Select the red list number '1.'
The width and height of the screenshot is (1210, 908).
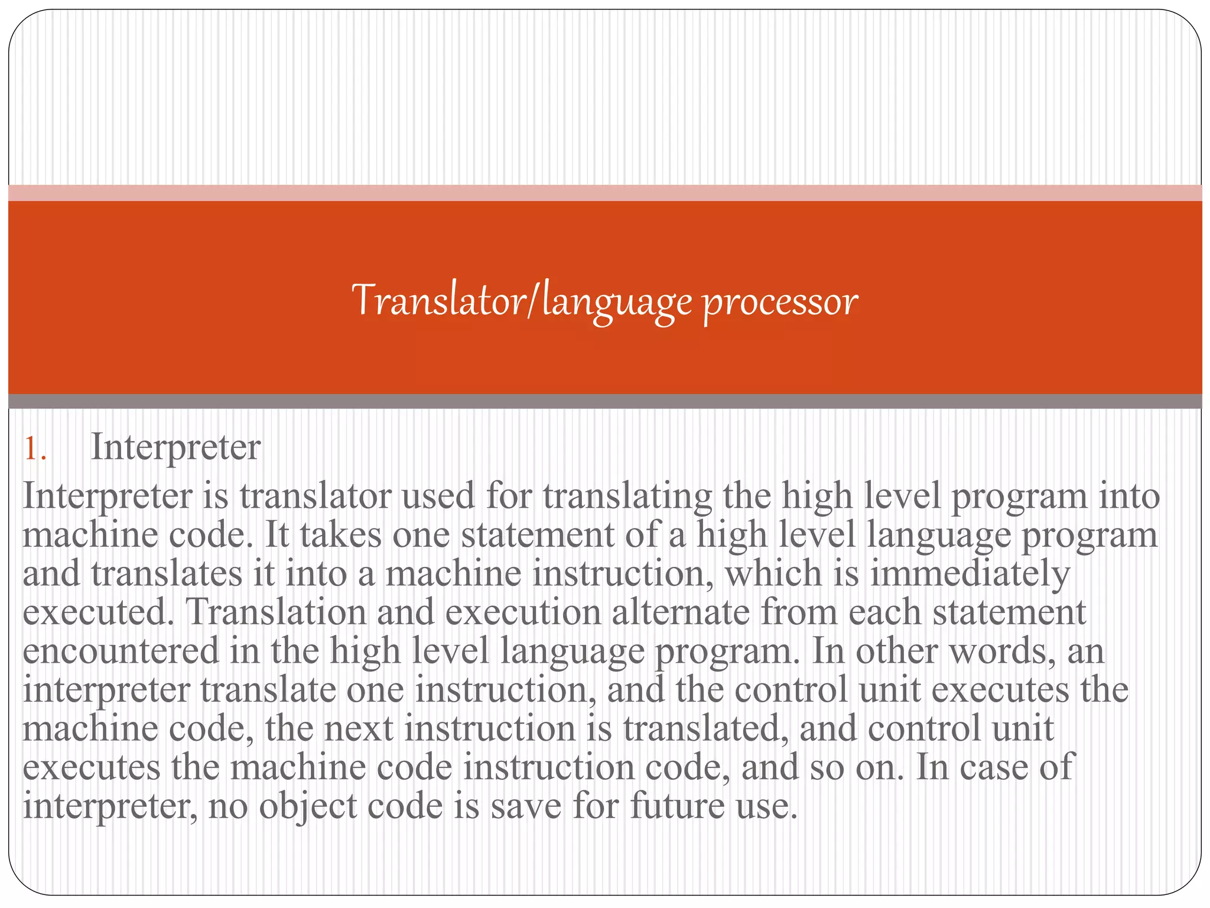pyautogui.click(x=35, y=449)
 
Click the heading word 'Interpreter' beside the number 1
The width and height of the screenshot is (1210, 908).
pyautogui.click(x=175, y=447)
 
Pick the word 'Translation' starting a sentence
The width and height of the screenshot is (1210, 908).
pyautogui.click(x=276, y=612)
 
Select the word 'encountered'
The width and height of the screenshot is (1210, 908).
pyautogui.click(x=121, y=651)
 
